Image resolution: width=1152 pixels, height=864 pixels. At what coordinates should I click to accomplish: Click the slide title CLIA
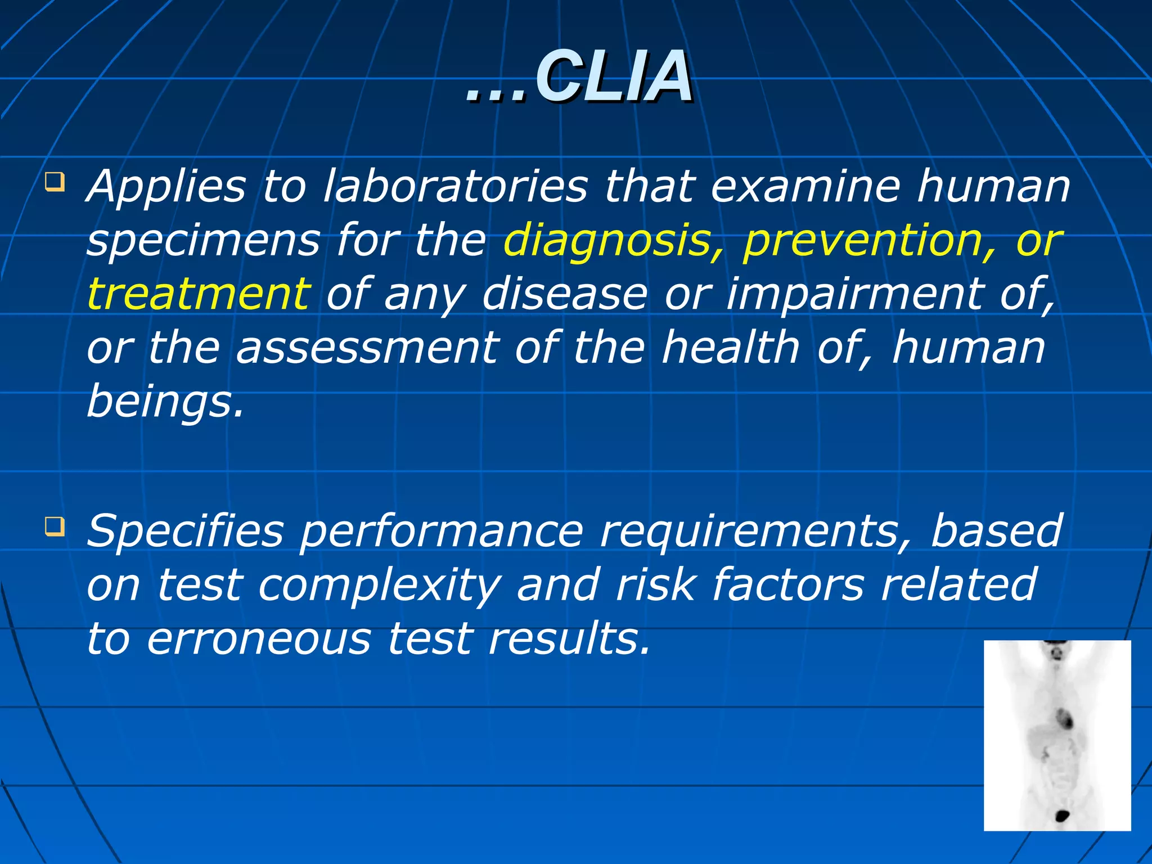pos(579,77)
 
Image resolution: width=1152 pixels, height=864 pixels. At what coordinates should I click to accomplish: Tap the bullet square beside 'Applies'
pos(55,183)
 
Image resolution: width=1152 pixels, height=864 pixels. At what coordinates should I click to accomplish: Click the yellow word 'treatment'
pos(199,294)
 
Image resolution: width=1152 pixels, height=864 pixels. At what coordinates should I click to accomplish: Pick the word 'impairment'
pos(854,294)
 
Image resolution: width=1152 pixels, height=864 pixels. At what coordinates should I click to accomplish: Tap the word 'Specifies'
pos(185,532)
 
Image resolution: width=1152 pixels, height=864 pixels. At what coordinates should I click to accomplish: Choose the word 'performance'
pos(442,532)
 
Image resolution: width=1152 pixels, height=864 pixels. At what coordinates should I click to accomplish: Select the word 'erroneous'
pos(259,640)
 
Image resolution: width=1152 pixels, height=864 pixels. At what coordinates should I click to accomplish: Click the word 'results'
pos(568,640)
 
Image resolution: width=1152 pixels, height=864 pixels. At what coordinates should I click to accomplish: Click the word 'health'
pos(731,348)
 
